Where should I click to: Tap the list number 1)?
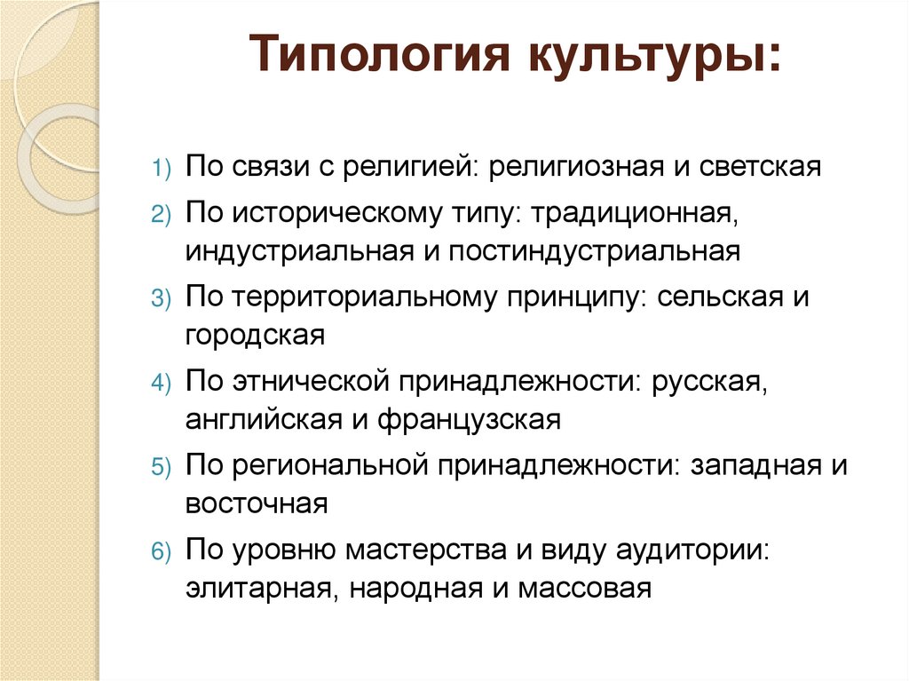[x=165, y=169]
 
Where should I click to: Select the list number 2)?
[x=165, y=215]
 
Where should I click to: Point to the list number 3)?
[x=165, y=299]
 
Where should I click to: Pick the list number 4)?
[x=165, y=384]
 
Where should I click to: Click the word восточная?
[x=257, y=503]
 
